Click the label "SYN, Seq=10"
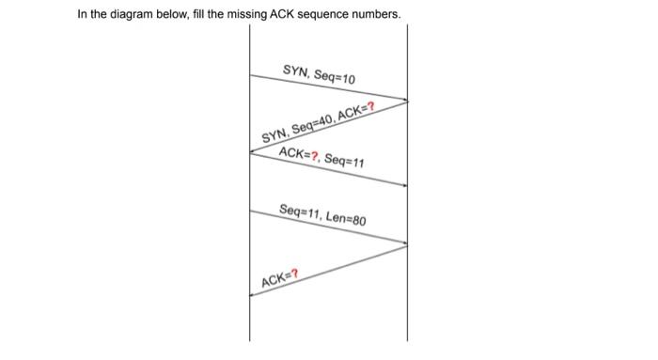pyautogui.click(x=319, y=74)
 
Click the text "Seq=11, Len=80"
pyautogui.click(x=322, y=213)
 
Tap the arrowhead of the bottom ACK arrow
pyautogui.click(x=252, y=294)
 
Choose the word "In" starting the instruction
pyautogui.click(x=83, y=15)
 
